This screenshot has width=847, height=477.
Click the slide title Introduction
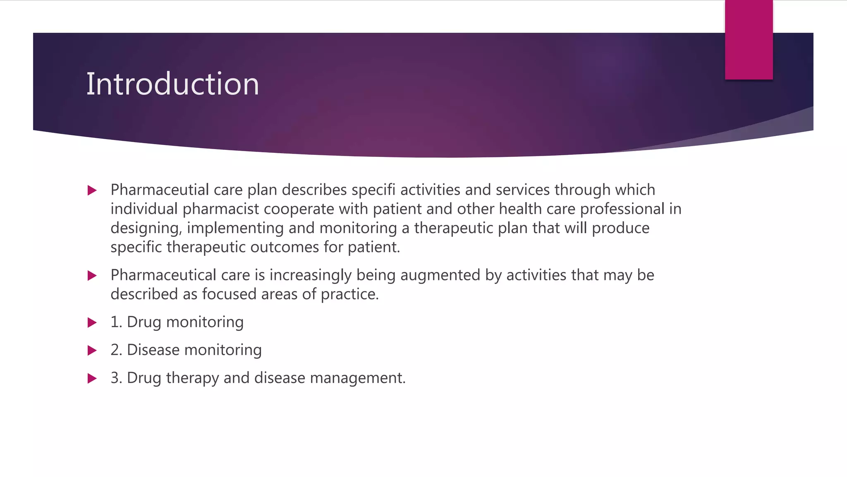(x=172, y=84)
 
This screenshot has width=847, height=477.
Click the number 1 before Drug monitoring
(x=115, y=322)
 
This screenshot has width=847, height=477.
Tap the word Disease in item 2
(x=153, y=350)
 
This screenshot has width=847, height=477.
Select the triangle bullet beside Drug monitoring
(x=92, y=323)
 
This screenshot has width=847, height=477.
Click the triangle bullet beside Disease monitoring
(x=92, y=350)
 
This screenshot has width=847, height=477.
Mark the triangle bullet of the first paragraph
(x=92, y=190)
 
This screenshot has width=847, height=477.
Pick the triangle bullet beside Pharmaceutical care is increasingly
(x=92, y=276)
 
